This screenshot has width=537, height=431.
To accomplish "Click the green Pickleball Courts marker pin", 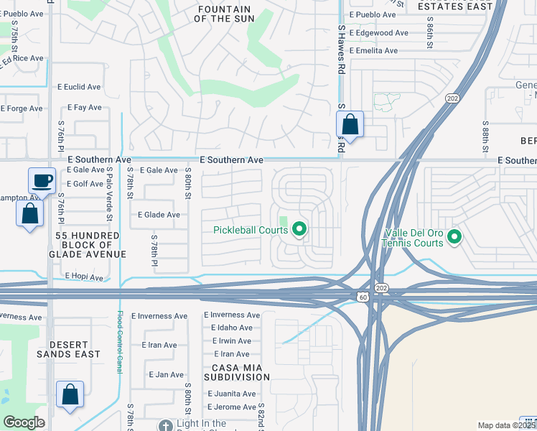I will click(x=299, y=230).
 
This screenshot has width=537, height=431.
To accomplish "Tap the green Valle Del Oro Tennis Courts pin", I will click(x=454, y=236).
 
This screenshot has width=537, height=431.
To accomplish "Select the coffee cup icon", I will click(x=42, y=180).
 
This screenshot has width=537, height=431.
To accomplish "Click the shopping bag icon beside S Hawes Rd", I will click(x=350, y=124).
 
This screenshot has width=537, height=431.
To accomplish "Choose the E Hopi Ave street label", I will click(x=84, y=277).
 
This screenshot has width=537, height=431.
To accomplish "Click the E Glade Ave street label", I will click(x=159, y=215).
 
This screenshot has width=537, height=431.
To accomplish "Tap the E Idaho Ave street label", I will click(x=230, y=328).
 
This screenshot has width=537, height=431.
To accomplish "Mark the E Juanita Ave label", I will click(x=231, y=394).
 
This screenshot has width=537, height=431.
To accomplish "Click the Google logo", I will click(x=24, y=422).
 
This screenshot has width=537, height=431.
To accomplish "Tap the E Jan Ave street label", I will click(x=166, y=374).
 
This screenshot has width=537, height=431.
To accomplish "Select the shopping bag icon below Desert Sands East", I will click(x=70, y=395).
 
